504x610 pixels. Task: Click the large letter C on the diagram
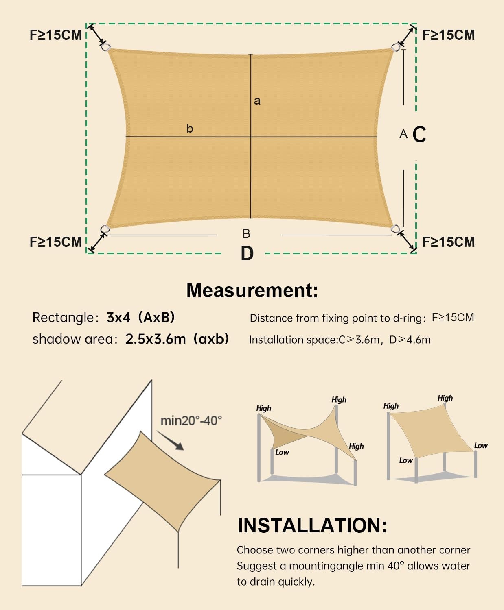[419, 134]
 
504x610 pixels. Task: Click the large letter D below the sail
[247, 253]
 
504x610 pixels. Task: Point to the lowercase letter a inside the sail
[257, 101]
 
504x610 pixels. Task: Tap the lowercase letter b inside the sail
[190, 129]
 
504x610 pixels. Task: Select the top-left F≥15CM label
[56, 35]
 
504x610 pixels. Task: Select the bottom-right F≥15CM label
[449, 242]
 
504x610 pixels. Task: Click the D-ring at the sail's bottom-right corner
[395, 229]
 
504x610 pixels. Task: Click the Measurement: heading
[252, 290]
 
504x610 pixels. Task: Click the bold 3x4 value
[118, 317]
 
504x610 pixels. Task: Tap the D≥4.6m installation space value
[410, 340]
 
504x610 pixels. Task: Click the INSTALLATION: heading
[312, 525]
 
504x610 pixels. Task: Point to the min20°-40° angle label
[191, 420]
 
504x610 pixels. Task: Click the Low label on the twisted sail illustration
[282, 452]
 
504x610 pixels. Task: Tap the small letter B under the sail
[246, 233]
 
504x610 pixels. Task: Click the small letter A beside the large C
[403, 134]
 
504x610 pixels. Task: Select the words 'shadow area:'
[75, 339]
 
